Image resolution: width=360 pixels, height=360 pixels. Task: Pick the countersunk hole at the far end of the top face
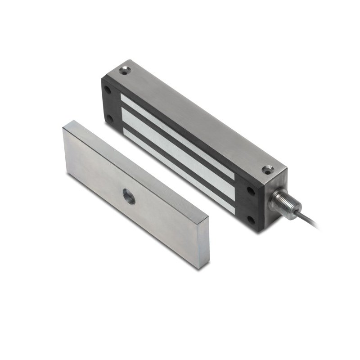[124, 70]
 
